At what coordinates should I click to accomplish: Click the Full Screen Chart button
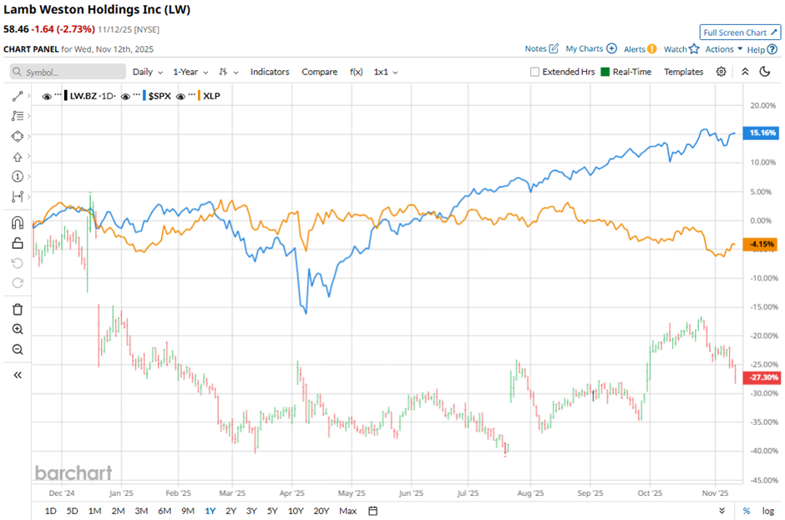[x=740, y=33]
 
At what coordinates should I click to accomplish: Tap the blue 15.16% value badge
[x=762, y=133]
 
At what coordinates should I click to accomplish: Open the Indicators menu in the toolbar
[x=270, y=72]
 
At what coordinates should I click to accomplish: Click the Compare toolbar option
[x=319, y=72]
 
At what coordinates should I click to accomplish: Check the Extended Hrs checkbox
[x=535, y=72]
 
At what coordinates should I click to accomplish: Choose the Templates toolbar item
[x=683, y=72]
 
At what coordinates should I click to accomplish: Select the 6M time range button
[x=164, y=511]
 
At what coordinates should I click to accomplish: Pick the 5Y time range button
[x=272, y=511]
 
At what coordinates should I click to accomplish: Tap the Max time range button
[x=348, y=511]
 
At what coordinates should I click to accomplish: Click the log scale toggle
[x=767, y=511]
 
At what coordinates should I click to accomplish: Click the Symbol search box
[x=68, y=72]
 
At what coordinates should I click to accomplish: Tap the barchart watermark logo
[x=73, y=473]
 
